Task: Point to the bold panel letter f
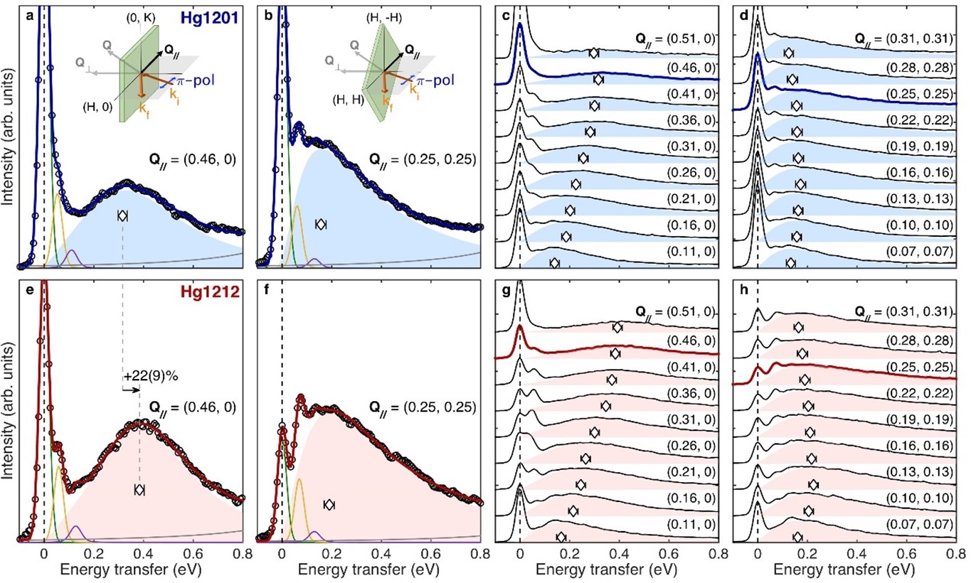tap(267, 290)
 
